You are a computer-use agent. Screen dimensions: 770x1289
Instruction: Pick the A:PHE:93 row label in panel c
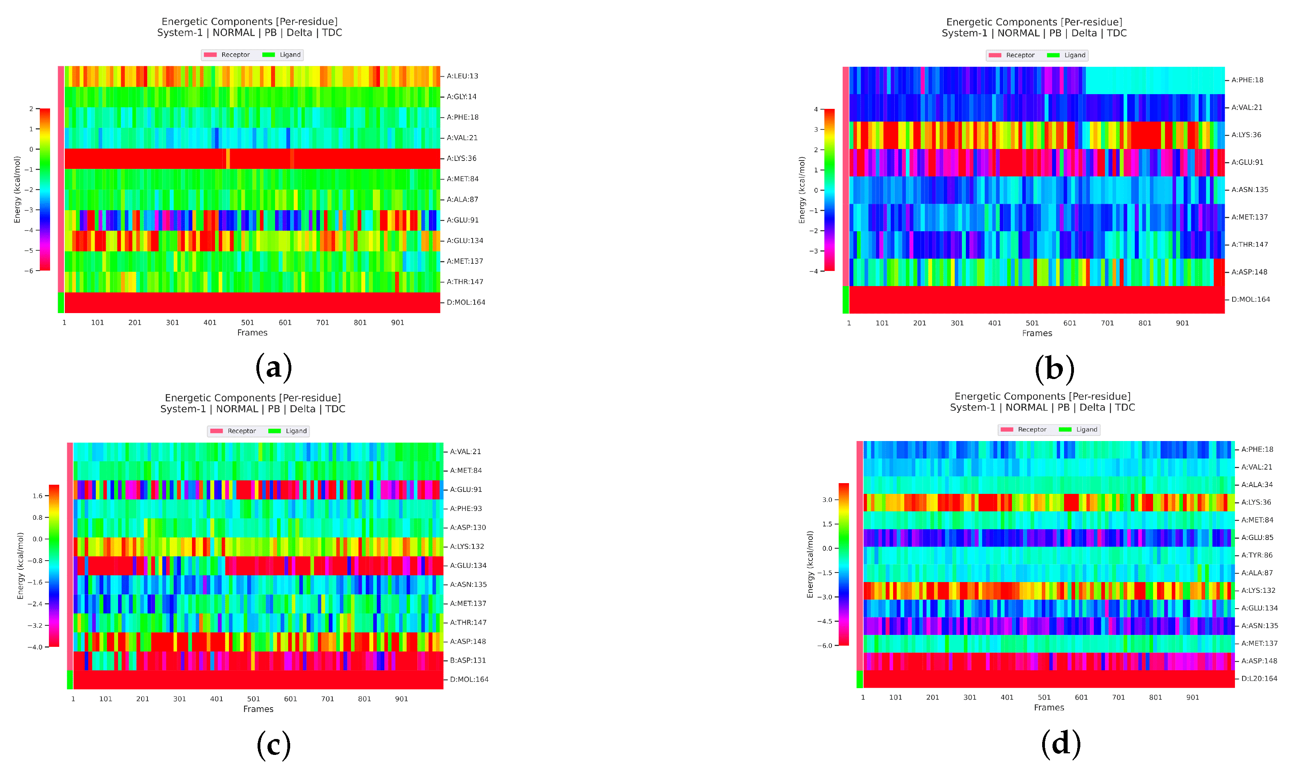click(465, 508)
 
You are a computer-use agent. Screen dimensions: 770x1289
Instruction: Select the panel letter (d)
click(1061, 743)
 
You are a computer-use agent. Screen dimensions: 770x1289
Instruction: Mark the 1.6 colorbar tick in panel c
click(37, 495)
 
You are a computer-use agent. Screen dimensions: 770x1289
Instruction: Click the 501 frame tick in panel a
click(248, 322)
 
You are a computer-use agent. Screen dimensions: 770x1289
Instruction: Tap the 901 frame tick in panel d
click(1192, 697)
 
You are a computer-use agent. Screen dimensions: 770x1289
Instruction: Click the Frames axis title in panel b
click(1037, 333)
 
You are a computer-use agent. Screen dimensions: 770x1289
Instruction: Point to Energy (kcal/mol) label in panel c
click(20, 565)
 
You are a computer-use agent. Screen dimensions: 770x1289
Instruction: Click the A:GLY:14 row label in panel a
click(461, 97)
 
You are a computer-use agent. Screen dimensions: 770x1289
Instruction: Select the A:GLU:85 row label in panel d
click(1257, 537)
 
